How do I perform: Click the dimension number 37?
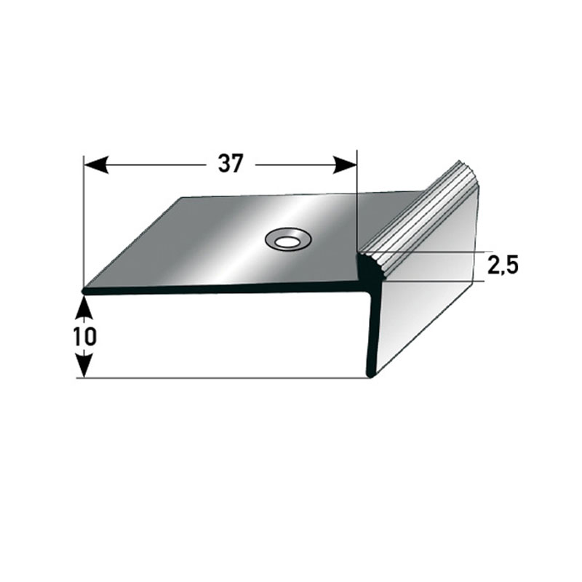point(230,165)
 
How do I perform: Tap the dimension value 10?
point(85,337)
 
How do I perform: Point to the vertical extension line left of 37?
point(84,218)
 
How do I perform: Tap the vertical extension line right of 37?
point(357,204)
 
